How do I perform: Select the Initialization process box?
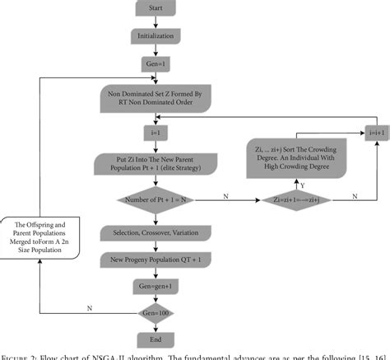pyautogui.click(x=154, y=37)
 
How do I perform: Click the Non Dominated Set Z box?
pyautogui.click(x=154, y=100)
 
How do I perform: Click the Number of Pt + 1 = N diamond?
pyautogui.click(x=154, y=199)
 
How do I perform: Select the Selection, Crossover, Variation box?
pyautogui.click(x=154, y=235)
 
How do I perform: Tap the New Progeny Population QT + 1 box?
pyautogui.click(x=154, y=260)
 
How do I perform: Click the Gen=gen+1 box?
pyautogui.click(x=154, y=286)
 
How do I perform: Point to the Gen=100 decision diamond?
pyautogui.click(x=154, y=312)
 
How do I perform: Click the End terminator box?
pyautogui.click(x=154, y=339)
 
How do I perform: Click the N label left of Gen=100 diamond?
pyautogui.click(x=89, y=306)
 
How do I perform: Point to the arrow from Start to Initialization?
pyautogui.click(x=154, y=24)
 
